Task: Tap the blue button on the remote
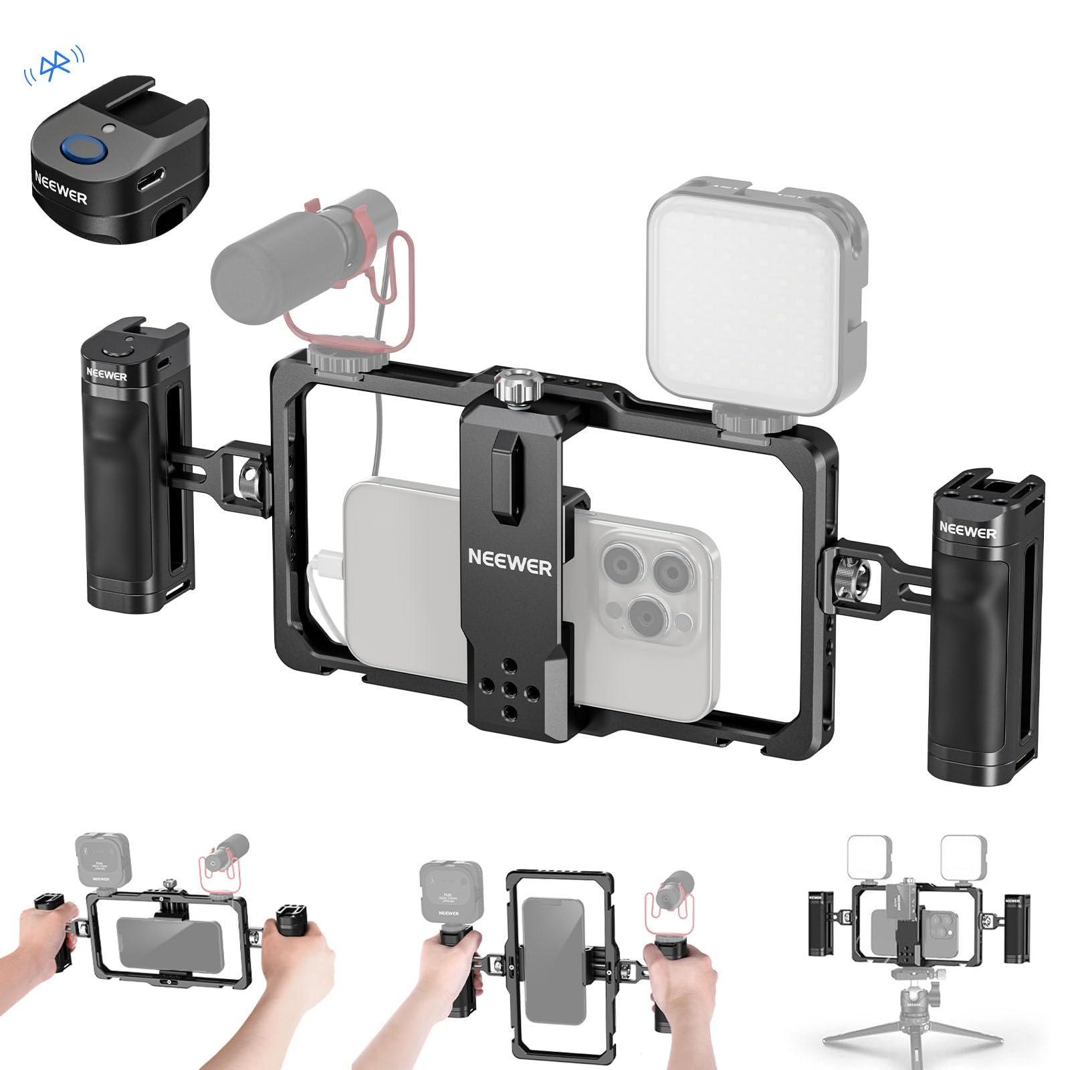[x=80, y=148]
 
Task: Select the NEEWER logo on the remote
[x=60, y=188]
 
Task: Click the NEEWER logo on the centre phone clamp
[x=510, y=562]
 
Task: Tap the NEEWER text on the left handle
[x=106, y=374]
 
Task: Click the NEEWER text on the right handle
[x=967, y=530]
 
